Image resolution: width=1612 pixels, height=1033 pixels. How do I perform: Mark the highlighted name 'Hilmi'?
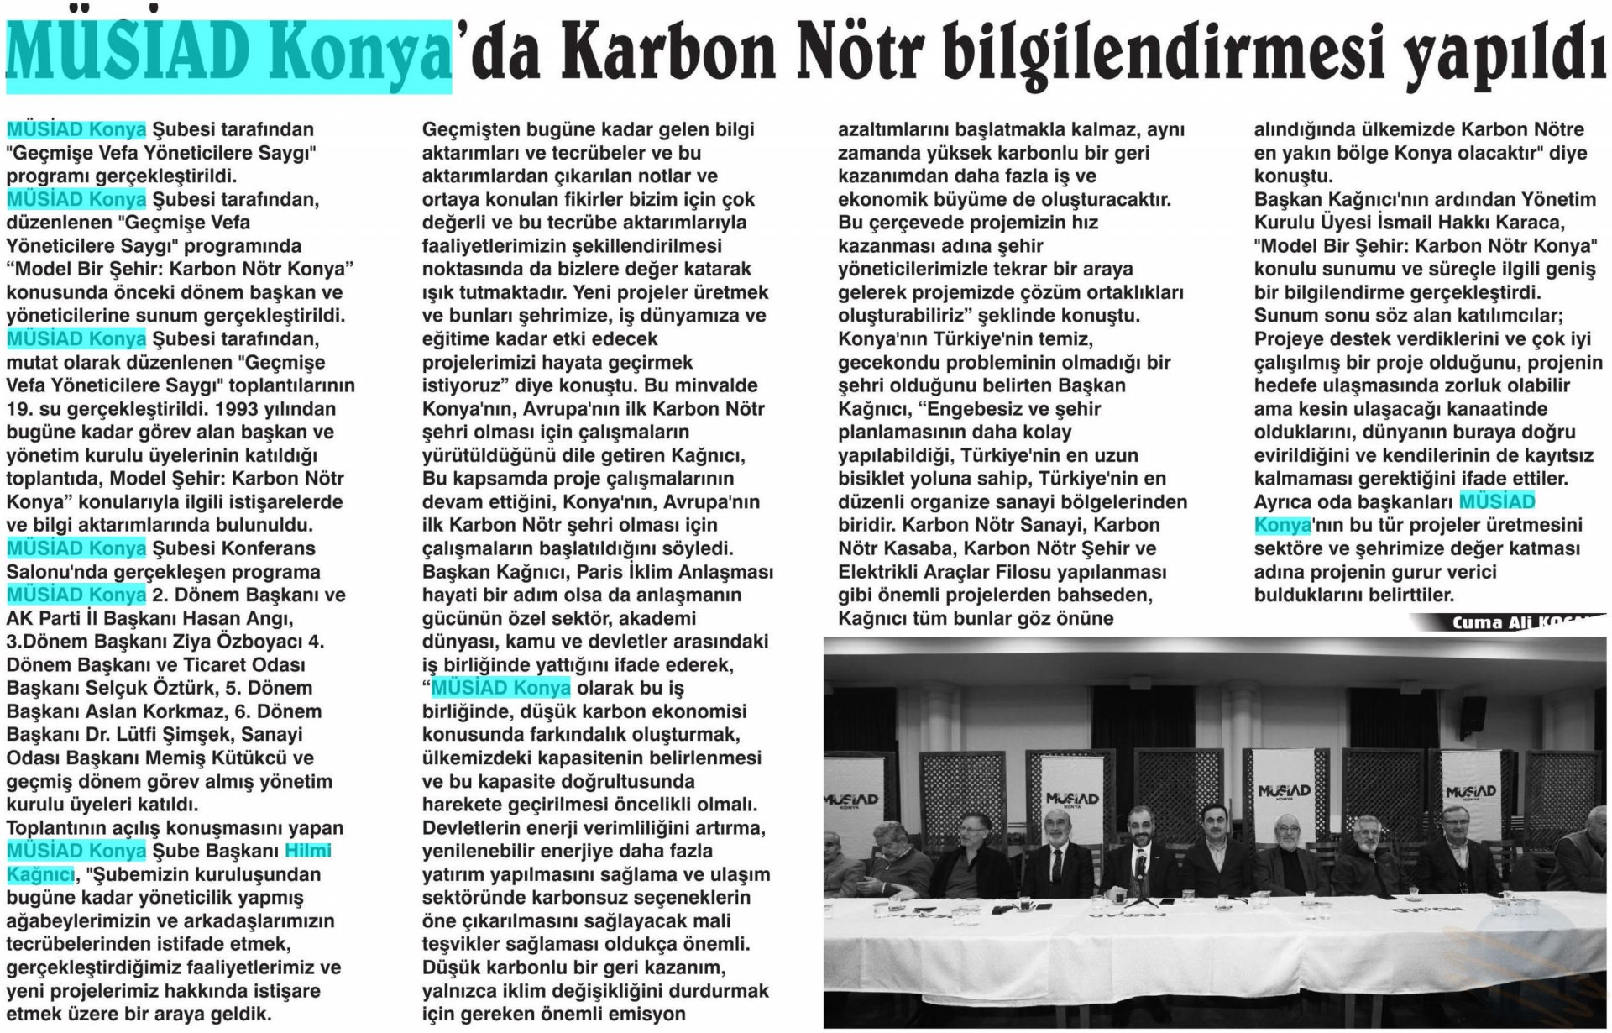pos(308,851)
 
